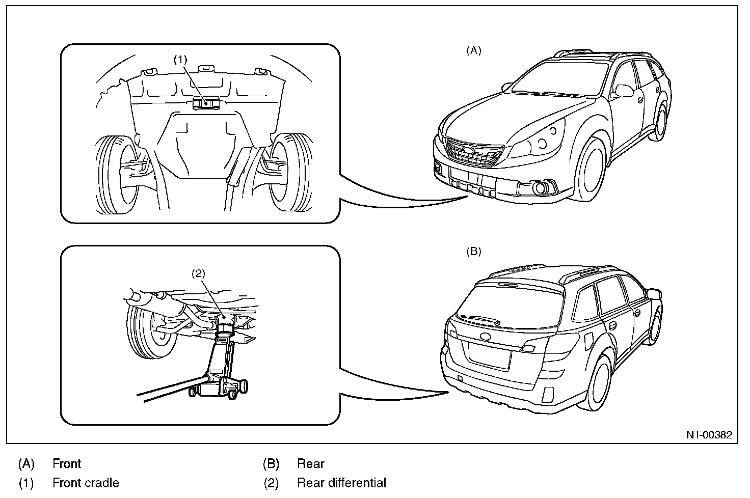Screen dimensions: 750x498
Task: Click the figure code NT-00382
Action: (x=709, y=435)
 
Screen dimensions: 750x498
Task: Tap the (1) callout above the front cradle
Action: (x=180, y=60)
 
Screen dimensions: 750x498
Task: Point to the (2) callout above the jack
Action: (x=198, y=274)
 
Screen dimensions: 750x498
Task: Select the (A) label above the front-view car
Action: (x=474, y=50)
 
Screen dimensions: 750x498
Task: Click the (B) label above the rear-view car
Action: (x=474, y=252)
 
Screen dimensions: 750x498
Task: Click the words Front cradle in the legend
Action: (x=86, y=483)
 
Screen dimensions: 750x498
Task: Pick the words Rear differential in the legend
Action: (x=341, y=483)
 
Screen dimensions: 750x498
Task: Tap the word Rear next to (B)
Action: (x=311, y=464)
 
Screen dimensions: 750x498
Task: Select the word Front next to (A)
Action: (x=67, y=464)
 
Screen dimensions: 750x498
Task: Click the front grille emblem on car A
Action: (x=468, y=150)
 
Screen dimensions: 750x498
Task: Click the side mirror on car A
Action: (x=624, y=91)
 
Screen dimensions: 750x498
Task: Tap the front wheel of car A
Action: (x=591, y=170)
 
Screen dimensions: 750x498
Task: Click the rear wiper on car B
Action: (x=479, y=320)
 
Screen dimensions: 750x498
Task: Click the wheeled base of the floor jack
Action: (x=218, y=387)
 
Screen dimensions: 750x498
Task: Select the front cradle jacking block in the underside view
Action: (x=206, y=102)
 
